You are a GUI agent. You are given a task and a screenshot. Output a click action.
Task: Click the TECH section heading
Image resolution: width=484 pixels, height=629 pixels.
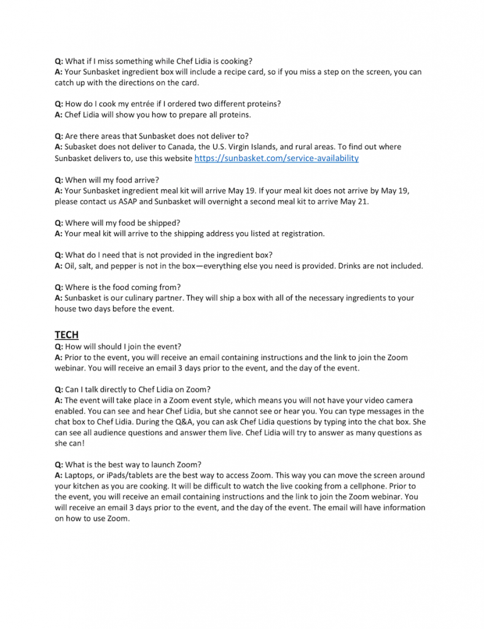click(x=66, y=335)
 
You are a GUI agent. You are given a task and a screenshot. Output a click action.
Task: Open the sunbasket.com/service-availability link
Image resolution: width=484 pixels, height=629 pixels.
click(x=276, y=158)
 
